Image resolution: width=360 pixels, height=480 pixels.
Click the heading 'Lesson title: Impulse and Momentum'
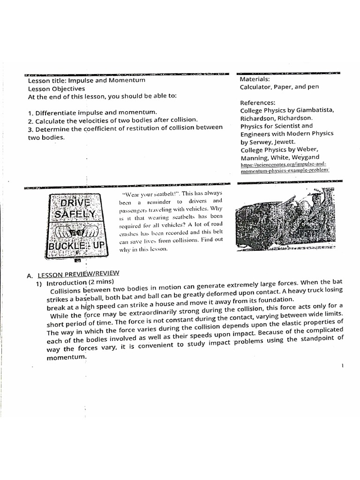click(87, 80)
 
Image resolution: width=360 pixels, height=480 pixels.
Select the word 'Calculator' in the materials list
click(256, 87)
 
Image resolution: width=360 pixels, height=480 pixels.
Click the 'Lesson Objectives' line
click(57, 88)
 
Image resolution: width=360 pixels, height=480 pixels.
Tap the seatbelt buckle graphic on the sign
click(78, 231)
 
